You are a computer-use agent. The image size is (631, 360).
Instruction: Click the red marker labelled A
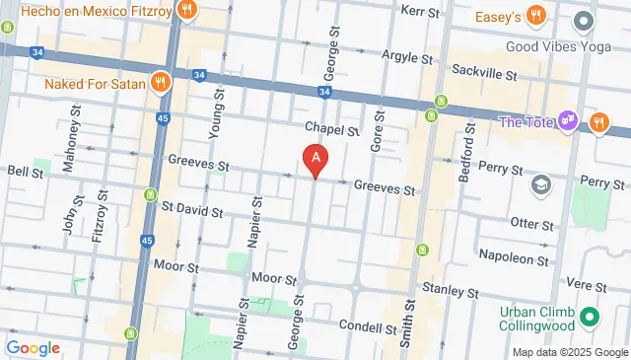(x=315, y=158)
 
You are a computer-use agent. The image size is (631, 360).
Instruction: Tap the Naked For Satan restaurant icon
(x=158, y=83)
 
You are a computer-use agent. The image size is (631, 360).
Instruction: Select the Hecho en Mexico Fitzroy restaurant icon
(x=187, y=12)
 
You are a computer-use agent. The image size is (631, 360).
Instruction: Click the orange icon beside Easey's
(x=536, y=15)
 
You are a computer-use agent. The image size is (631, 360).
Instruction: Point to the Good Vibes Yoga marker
(x=584, y=20)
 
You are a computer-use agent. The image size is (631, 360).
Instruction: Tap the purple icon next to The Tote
(x=568, y=121)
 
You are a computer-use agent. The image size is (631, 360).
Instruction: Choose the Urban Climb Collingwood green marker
(x=590, y=317)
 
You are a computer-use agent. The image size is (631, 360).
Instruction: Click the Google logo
(x=33, y=348)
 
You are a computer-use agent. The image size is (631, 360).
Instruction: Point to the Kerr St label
(x=421, y=10)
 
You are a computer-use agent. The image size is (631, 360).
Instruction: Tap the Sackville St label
(x=483, y=71)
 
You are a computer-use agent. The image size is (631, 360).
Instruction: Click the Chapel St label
(x=331, y=128)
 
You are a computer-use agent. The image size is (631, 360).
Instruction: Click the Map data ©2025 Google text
(x=569, y=352)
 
